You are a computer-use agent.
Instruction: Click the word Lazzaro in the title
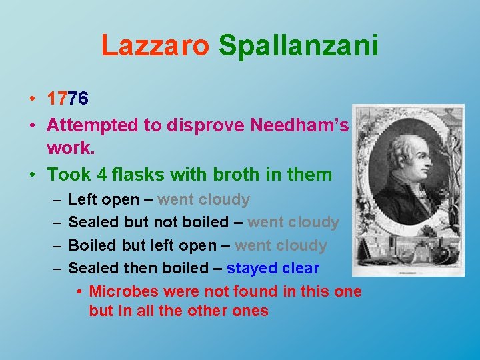155,45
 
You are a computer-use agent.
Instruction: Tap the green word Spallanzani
298,45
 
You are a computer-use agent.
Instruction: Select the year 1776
67,99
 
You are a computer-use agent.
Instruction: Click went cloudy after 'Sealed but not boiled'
293,222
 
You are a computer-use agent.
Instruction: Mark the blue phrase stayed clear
273,268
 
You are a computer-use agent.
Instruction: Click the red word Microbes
122,291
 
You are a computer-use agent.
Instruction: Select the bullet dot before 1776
32,99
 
